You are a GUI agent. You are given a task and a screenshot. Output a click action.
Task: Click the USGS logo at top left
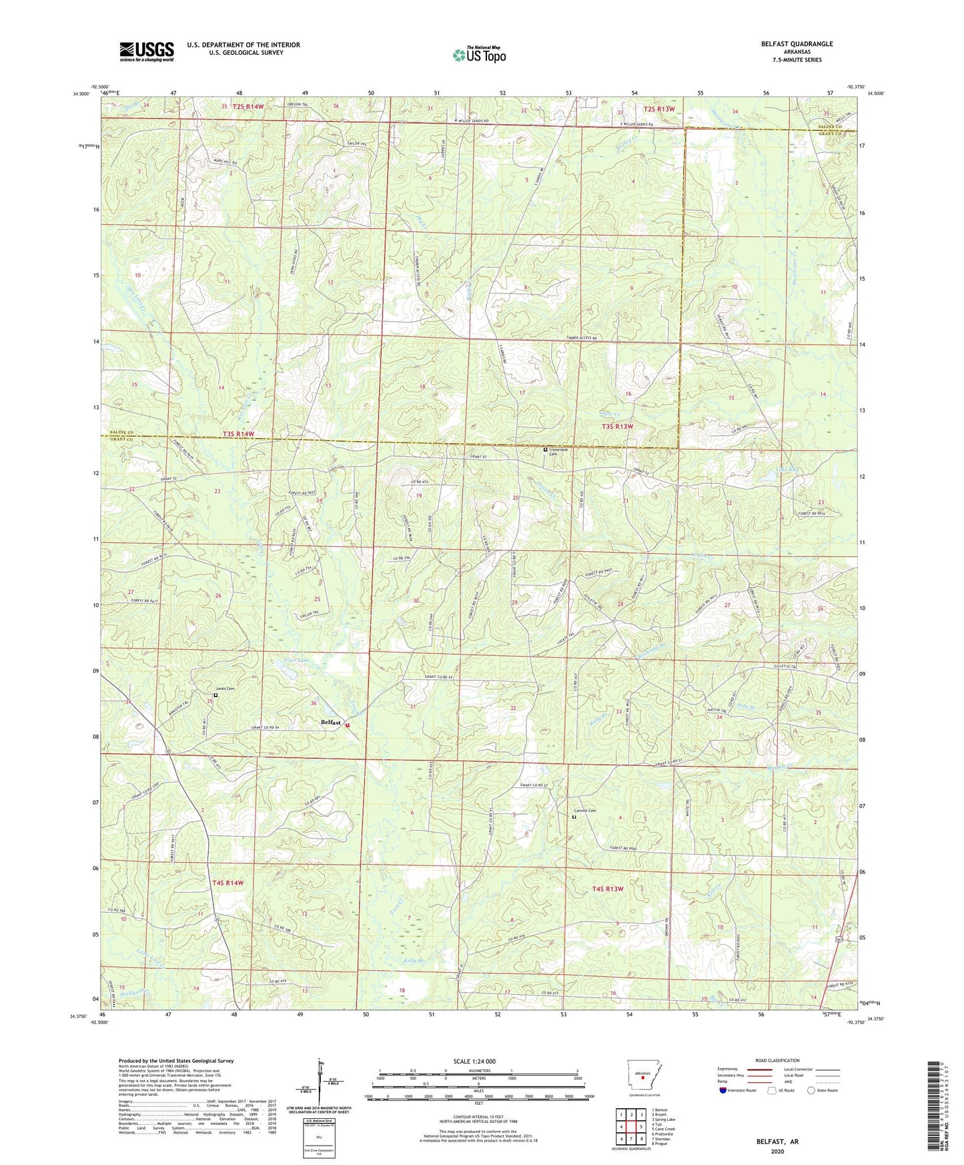pyautogui.click(x=147, y=51)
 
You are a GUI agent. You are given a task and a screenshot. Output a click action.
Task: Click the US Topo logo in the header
pyautogui.click(x=479, y=55)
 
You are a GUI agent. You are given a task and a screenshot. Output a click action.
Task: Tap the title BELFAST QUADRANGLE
pyautogui.click(x=797, y=44)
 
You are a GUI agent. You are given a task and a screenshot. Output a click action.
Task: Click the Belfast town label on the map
pyautogui.click(x=331, y=722)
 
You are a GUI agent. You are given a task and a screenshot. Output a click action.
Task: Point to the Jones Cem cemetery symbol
pyautogui.click(x=215, y=695)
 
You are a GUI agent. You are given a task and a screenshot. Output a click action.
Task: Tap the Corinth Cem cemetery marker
pyautogui.click(x=574, y=816)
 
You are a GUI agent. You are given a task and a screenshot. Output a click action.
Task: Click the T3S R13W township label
pyautogui.click(x=617, y=426)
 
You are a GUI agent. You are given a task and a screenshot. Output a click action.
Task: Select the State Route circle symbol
pyautogui.click(x=811, y=1090)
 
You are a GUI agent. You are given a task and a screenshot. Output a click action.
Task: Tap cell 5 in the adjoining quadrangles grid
pyautogui.click(x=641, y=1126)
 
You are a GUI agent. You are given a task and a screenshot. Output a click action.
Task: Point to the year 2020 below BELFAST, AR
pyautogui.click(x=777, y=1151)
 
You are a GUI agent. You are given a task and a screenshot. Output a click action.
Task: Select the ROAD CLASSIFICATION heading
pyautogui.click(x=777, y=1060)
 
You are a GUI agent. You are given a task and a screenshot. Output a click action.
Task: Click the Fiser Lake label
pyautogui.click(x=296, y=660)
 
